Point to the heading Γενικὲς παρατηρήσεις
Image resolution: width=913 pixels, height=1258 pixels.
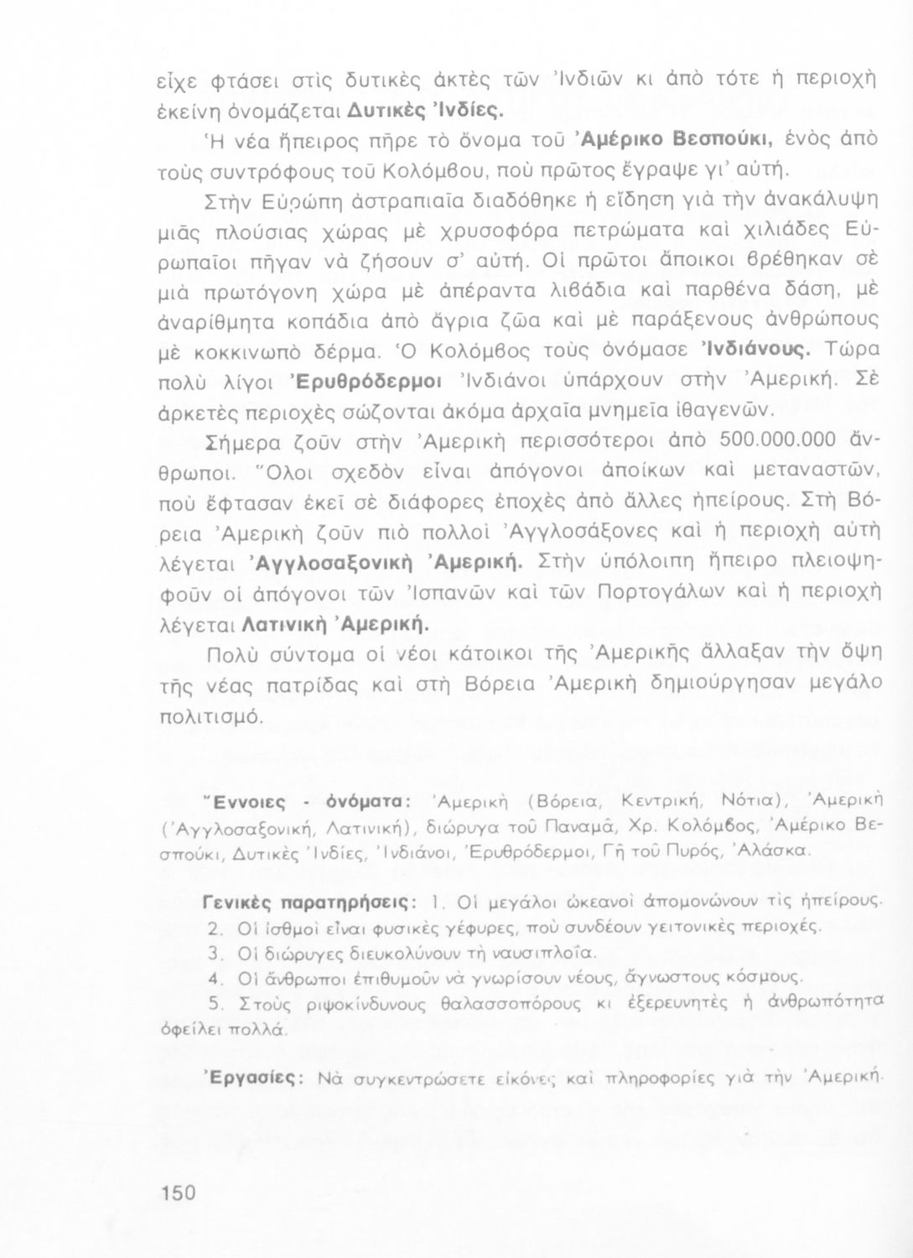tap(309, 902)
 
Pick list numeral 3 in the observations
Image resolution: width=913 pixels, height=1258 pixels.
tap(213, 953)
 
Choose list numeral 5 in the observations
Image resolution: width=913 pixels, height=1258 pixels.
tap(215, 1002)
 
